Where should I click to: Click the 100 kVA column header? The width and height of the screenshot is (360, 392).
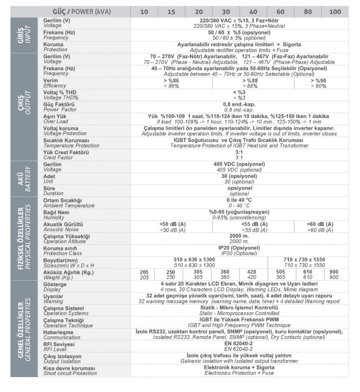[x=335, y=12]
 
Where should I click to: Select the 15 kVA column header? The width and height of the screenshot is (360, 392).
[x=171, y=12]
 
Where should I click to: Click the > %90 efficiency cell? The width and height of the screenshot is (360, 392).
[x=321, y=83]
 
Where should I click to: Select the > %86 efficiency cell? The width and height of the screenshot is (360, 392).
[x=171, y=83]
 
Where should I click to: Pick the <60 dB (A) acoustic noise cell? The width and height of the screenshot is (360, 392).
[x=321, y=227]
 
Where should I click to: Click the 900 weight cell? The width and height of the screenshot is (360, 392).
[x=334, y=274]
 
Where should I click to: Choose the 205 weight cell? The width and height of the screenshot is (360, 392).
[x=144, y=274]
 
